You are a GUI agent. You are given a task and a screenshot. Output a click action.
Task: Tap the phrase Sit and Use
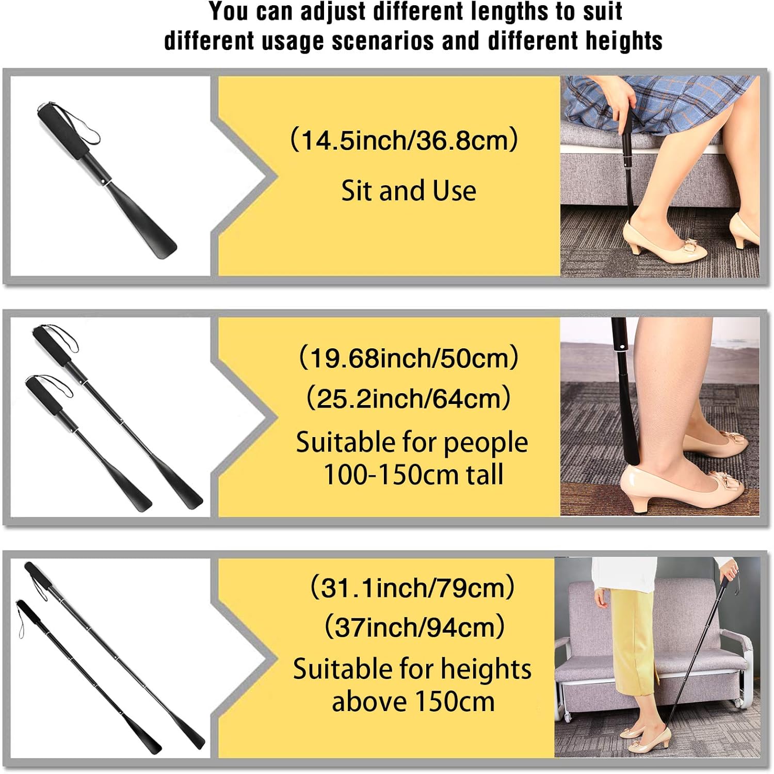(408, 191)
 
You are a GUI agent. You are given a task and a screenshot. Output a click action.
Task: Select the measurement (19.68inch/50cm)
(408, 358)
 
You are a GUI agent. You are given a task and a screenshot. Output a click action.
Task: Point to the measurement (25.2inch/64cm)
(408, 398)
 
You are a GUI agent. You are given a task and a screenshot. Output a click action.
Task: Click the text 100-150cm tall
(413, 475)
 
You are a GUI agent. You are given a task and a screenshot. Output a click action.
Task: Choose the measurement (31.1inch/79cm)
(412, 587)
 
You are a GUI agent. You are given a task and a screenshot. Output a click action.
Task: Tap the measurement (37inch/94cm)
(414, 627)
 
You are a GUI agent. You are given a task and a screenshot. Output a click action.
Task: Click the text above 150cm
(413, 702)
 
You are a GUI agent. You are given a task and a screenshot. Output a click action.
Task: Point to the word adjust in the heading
(336, 11)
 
